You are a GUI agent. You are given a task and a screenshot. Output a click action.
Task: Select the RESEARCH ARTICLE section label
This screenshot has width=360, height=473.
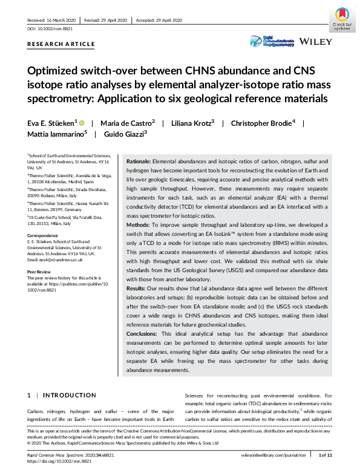(61, 44)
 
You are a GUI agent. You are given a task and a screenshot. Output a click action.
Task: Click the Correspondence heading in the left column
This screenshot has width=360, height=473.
(44, 233)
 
